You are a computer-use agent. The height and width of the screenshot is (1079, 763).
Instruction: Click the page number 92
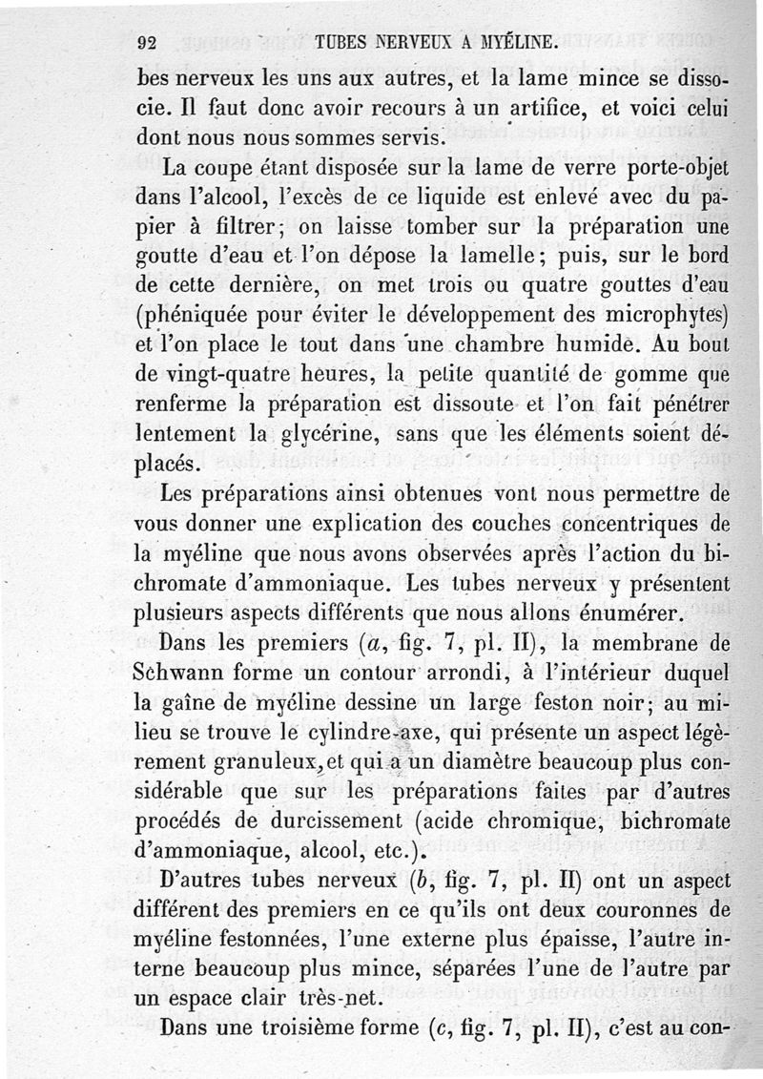[147, 42]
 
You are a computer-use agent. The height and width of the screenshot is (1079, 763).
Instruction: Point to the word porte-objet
[669, 170]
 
